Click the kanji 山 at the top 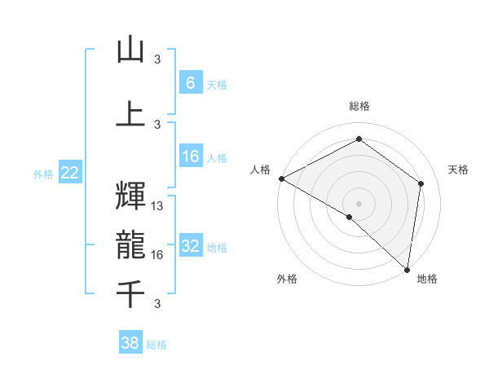pyautogui.click(x=130, y=50)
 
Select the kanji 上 pyautogui.click(x=130, y=113)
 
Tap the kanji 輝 pyautogui.click(x=130, y=196)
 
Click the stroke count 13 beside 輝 pyautogui.click(x=158, y=206)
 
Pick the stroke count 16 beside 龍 pyautogui.click(x=158, y=255)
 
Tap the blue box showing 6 pyautogui.click(x=191, y=82)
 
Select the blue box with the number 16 pyautogui.click(x=191, y=157)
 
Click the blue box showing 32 pyautogui.click(x=191, y=247)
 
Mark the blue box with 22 pyautogui.click(x=70, y=172)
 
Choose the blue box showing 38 pyautogui.click(x=130, y=343)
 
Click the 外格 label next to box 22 pyautogui.click(x=43, y=173)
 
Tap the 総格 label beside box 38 pyautogui.click(x=156, y=345)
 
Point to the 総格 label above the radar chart pyautogui.click(x=359, y=106)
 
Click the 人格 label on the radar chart pyautogui.click(x=261, y=169)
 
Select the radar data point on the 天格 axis pyautogui.click(x=421, y=183)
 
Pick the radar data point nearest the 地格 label pyautogui.click(x=407, y=269)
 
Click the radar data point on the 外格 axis pyautogui.click(x=350, y=217)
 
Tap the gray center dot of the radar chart pyautogui.click(x=359, y=203)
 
